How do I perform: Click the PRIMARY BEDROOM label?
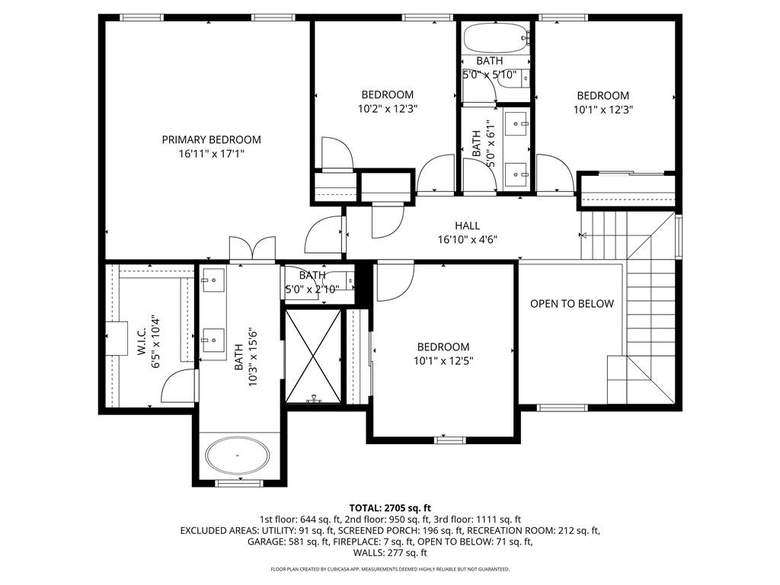[x=212, y=140]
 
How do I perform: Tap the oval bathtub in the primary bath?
[x=238, y=456]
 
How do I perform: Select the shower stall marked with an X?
[x=313, y=356]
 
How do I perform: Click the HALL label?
[x=468, y=225]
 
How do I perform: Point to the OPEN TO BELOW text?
[x=572, y=303]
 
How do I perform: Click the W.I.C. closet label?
[x=141, y=340]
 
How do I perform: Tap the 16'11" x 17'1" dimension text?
[x=212, y=154]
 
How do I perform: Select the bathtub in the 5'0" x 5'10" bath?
[x=495, y=37]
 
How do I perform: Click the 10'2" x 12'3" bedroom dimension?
[x=388, y=108]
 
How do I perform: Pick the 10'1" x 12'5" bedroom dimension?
[x=443, y=360]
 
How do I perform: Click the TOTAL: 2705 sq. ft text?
[x=390, y=508]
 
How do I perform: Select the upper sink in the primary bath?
[x=213, y=280]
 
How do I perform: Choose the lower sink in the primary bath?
[x=213, y=340]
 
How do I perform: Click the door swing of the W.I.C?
[x=177, y=385]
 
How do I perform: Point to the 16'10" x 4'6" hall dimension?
[x=468, y=240]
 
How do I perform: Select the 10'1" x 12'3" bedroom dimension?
[x=603, y=110]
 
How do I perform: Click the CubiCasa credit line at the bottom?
[x=390, y=569]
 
